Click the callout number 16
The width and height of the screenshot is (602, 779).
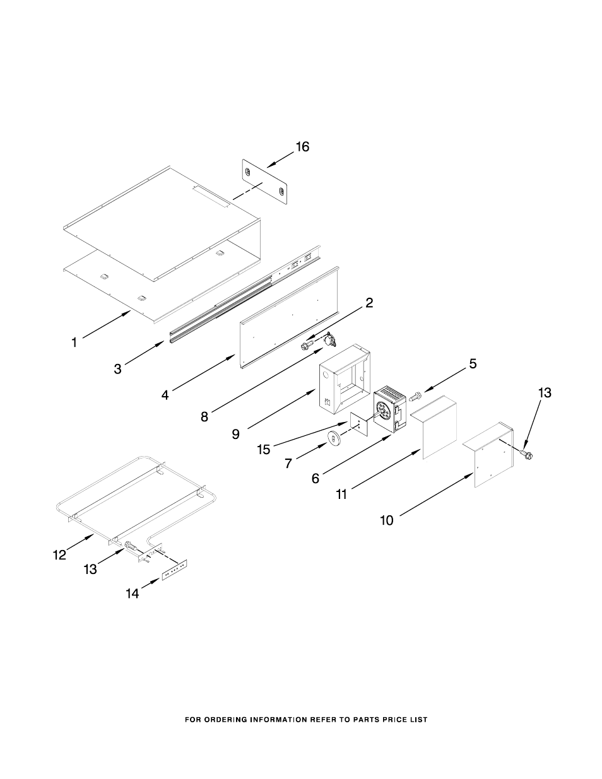303,147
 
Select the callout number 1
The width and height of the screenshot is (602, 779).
74,343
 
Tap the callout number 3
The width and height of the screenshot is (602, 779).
118,370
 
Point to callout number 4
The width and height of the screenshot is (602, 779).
165,395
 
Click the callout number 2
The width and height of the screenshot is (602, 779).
369,303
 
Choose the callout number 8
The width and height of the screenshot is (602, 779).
204,416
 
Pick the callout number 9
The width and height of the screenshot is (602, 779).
235,434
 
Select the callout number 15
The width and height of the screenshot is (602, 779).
264,449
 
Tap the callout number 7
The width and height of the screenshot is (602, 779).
288,464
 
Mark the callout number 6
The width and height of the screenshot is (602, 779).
315,479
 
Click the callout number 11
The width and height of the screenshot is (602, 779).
341,495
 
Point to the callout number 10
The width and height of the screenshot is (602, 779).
386,520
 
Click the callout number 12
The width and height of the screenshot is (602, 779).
59,555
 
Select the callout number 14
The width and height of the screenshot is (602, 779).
132,594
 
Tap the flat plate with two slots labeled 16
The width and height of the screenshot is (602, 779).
265,182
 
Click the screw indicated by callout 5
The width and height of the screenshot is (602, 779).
415,397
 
